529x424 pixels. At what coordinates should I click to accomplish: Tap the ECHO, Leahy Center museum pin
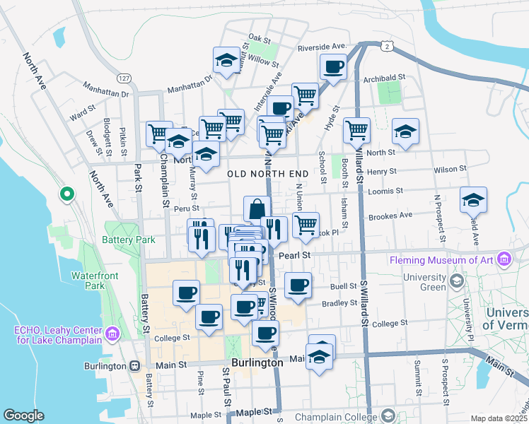tap(111, 333)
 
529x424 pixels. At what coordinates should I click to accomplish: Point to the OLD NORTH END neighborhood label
tap(267, 173)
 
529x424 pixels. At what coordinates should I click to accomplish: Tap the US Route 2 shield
tap(386, 46)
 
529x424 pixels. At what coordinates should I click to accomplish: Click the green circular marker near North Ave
tap(67, 193)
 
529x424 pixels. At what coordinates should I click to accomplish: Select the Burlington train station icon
tap(133, 366)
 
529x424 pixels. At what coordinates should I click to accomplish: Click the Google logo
tap(23, 416)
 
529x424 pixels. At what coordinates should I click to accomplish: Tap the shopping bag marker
tap(257, 209)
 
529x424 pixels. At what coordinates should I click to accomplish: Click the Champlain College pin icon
tap(387, 417)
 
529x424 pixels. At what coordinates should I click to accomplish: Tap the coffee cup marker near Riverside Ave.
tap(332, 68)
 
